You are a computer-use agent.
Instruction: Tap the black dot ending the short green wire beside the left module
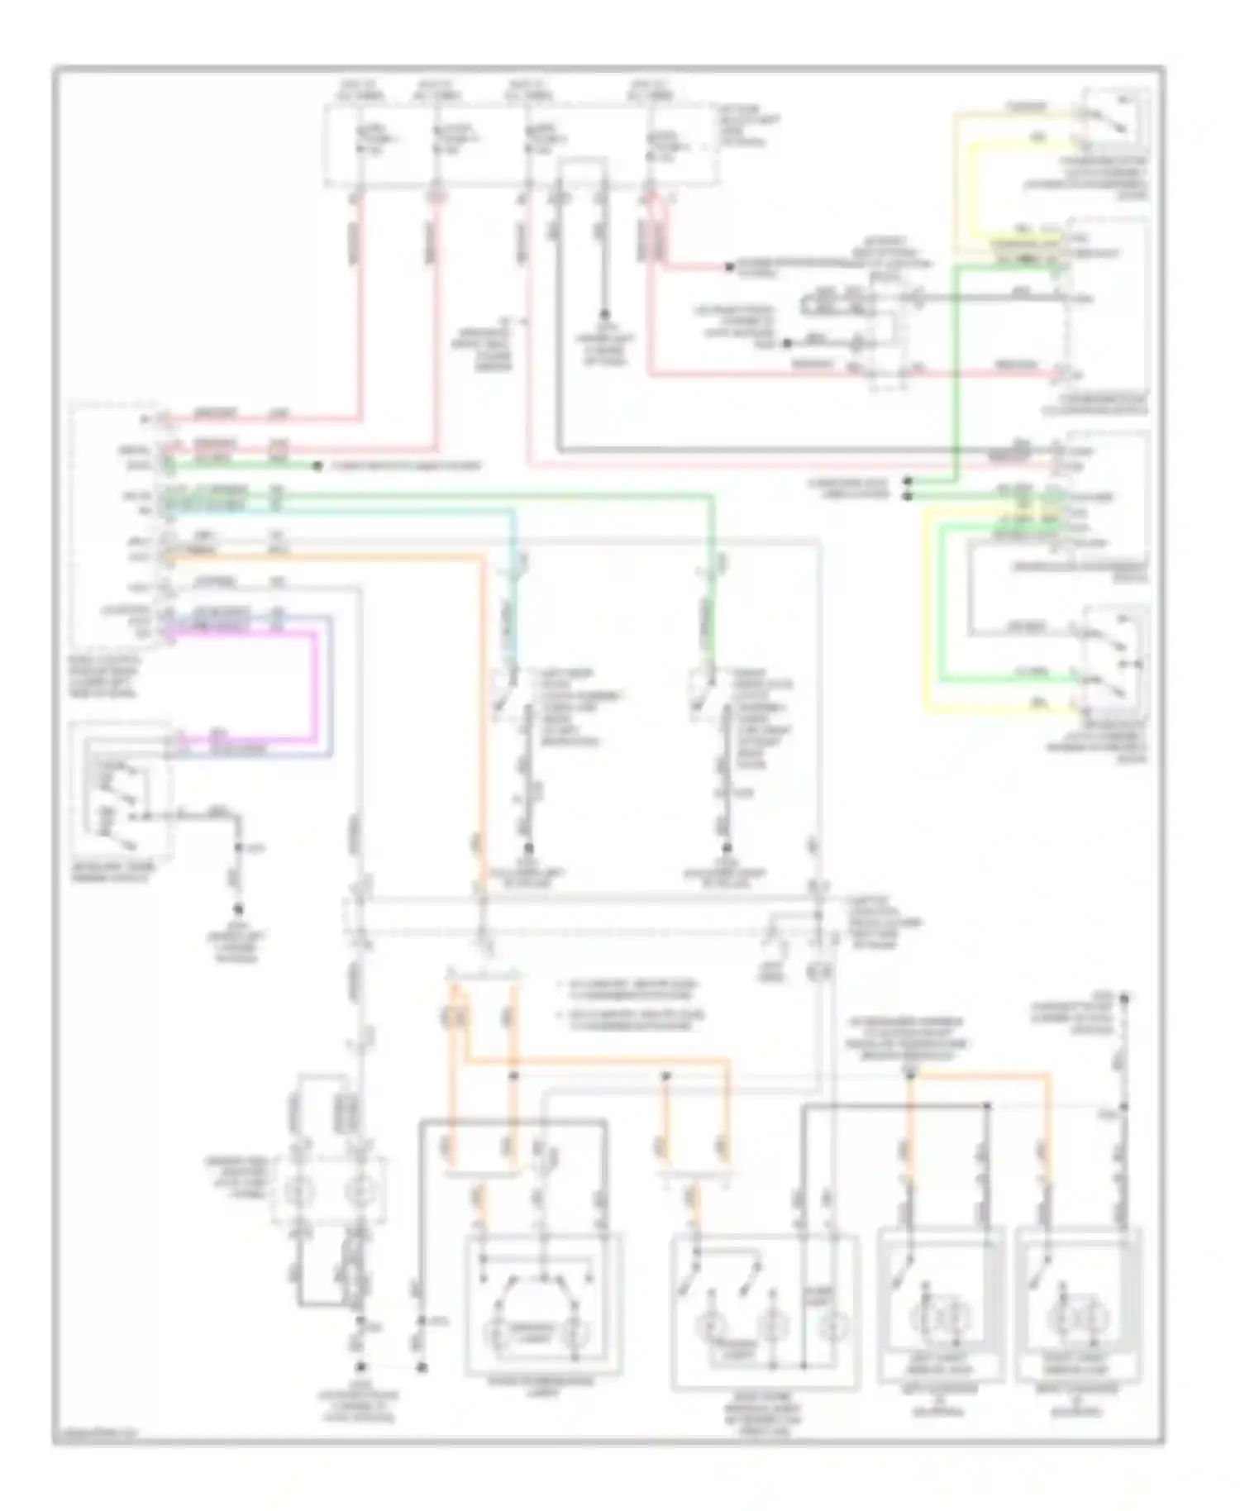[317, 467]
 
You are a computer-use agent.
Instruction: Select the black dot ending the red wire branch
[729, 267]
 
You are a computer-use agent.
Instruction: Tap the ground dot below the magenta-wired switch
[238, 910]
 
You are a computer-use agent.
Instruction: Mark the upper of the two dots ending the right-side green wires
[907, 480]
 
